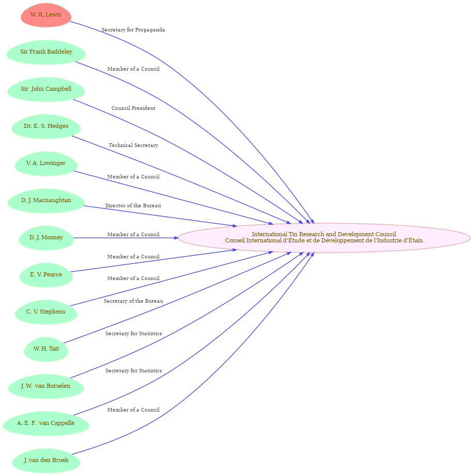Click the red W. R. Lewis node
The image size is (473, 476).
(46, 15)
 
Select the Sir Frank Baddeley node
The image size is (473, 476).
(46, 52)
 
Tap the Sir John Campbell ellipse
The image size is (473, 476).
(46, 89)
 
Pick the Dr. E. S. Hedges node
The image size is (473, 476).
(46, 126)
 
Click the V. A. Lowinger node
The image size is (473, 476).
(46, 163)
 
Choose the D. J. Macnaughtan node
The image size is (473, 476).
(46, 201)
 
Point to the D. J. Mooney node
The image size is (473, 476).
(46, 238)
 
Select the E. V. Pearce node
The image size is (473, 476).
(46, 275)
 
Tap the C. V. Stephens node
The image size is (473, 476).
(46, 312)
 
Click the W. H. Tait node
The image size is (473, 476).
(46, 349)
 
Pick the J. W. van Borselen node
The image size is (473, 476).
(46, 386)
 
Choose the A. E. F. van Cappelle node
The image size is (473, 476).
(46, 423)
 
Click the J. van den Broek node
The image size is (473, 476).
(46, 461)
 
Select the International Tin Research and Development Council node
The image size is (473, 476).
(324, 238)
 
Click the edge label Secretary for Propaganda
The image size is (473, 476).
(133, 30)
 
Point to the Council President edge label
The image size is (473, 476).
(133, 108)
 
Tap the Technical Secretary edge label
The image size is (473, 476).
(133, 145)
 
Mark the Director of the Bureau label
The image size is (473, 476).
(133, 206)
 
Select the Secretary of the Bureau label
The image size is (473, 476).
(133, 301)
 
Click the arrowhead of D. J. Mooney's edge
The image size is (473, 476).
(176, 238)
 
